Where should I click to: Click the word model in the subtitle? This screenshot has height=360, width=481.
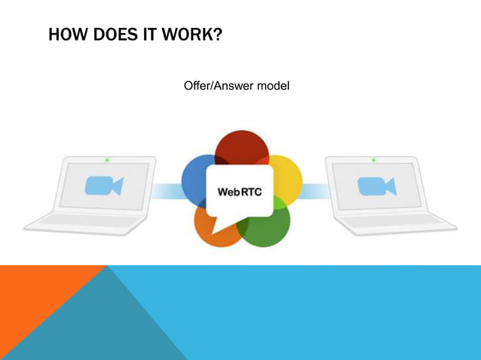[x=274, y=86]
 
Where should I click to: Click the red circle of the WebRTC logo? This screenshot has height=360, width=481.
[x=241, y=147]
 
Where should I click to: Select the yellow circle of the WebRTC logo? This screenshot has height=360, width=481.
[x=286, y=177]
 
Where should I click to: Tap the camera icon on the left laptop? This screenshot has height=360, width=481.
[x=104, y=186]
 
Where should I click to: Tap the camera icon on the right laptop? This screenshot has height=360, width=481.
[x=376, y=186]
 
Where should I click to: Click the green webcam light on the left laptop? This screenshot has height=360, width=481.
[x=107, y=160]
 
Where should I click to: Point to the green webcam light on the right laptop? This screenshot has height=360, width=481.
[x=373, y=160]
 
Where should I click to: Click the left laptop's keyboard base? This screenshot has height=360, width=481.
[x=83, y=224]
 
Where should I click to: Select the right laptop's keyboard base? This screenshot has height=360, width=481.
[x=396, y=224]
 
